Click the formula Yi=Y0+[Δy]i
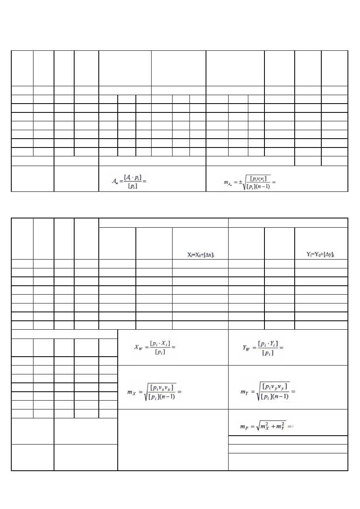[x=321, y=255]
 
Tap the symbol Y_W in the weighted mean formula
[x=245, y=347]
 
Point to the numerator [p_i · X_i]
[x=162, y=343]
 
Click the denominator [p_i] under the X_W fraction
[x=162, y=351]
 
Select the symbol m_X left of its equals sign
[x=133, y=391]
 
